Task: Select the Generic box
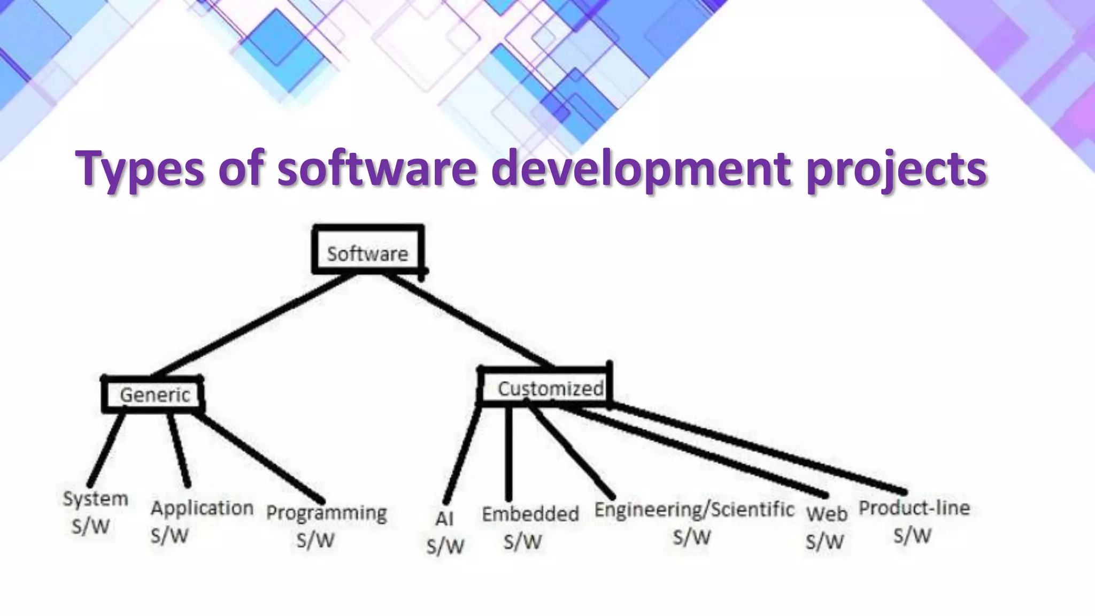[x=153, y=395]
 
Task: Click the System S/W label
[x=95, y=512]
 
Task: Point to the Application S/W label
[x=201, y=520]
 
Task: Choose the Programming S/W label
[x=326, y=525]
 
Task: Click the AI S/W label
[x=445, y=532]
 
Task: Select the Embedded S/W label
[x=529, y=527]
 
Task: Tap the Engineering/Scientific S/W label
[x=693, y=522]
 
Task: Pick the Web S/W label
[x=826, y=527]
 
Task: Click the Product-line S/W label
[x=914, y=520]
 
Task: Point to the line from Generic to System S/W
[x=107, y=446]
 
